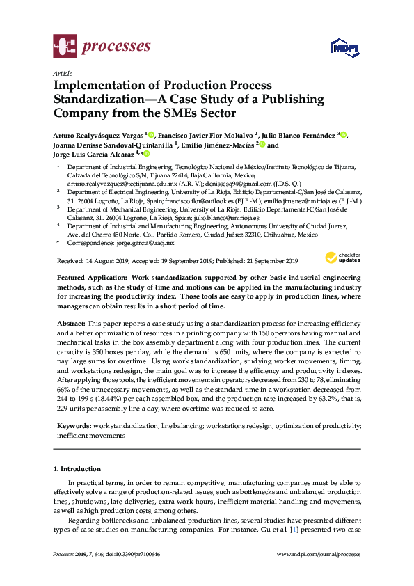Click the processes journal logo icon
(65, 47)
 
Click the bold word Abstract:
(70, 324)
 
